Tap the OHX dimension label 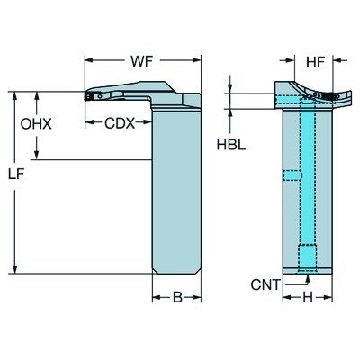[36, 125]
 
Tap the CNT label [264, 285]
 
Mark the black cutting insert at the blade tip [90, 94]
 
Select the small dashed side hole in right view [292, 175]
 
